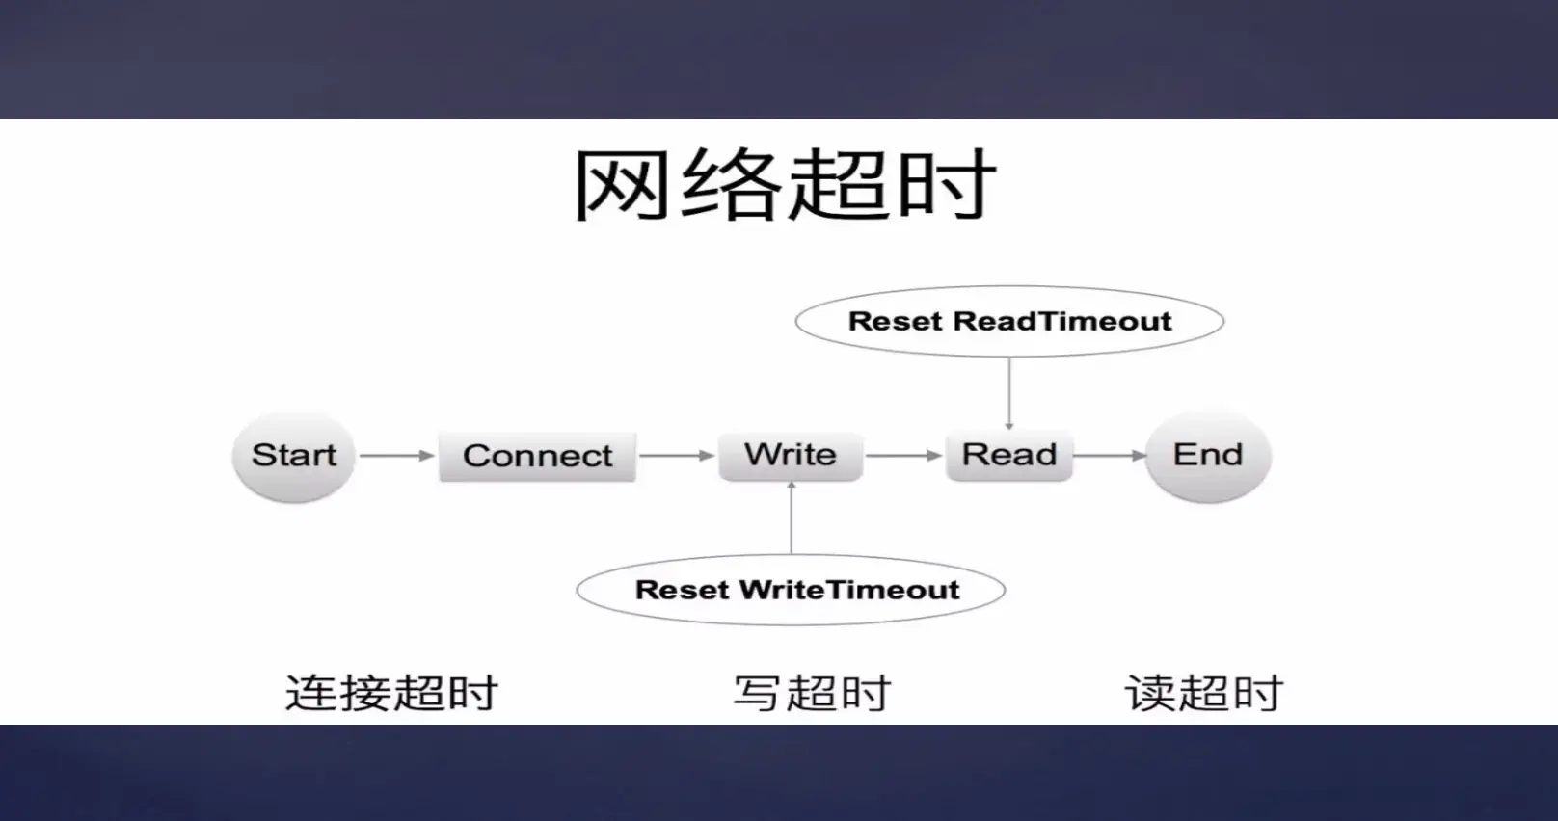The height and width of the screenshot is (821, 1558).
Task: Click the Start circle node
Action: [294, 456]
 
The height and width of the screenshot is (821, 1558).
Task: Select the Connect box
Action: [537, 456]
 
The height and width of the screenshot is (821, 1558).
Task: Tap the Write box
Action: [791, 455]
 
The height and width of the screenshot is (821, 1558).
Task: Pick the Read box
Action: [1009, 455]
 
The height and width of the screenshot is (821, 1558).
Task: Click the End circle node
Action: [1208, 455]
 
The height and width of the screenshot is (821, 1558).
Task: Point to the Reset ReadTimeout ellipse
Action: [1009, 322]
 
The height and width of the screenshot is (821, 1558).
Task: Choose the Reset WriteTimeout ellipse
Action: [791, 590]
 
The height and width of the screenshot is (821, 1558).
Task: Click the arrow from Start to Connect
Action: [396, 455]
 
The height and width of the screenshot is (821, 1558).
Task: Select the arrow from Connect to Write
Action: [676, 455]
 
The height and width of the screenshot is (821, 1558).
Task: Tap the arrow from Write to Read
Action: [903, 455]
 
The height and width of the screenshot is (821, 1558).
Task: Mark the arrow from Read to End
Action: [1109, 455]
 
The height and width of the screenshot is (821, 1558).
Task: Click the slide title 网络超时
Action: [784, 185]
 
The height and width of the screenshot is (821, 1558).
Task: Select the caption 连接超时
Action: [391, 693]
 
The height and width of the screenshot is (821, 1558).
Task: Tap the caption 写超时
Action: [812, 693]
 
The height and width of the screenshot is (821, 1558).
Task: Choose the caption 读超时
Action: [1204, 693]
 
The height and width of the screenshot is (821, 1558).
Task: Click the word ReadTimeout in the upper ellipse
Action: [1062, 322]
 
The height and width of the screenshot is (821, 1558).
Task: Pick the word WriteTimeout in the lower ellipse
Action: [849, 590]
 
